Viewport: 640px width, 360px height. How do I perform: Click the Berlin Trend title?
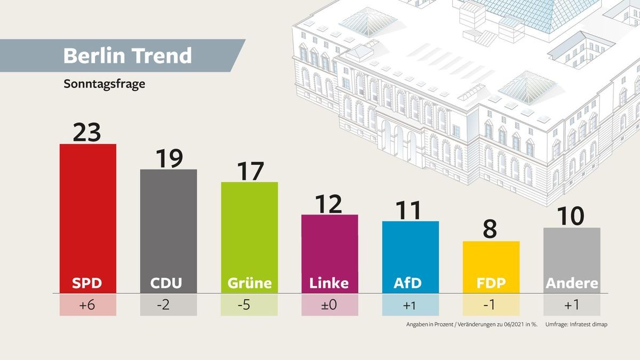127,56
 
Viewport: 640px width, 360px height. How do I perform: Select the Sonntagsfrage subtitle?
105,84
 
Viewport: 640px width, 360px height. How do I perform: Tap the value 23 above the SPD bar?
87,131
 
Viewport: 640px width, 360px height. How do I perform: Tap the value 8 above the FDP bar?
490,229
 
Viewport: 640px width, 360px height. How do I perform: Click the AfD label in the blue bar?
410,283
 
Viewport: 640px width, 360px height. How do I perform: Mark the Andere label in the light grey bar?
572,283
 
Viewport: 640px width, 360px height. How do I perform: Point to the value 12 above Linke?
329,203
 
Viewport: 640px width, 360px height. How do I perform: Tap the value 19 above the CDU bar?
168,157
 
